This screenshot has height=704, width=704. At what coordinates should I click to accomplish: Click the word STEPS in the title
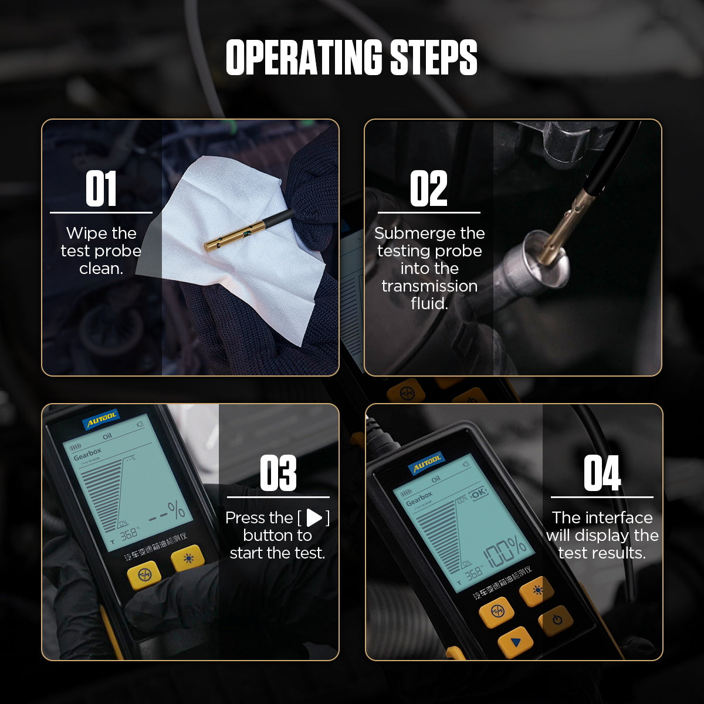434,57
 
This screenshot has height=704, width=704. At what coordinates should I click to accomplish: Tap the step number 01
101,189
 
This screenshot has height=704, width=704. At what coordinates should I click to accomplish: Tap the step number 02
428,189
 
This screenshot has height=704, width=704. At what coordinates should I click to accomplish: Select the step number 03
277,473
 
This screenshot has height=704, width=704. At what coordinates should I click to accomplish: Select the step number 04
601,473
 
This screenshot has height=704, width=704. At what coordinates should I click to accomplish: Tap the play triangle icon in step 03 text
314,517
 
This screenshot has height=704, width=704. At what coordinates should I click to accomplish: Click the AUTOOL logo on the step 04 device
427,463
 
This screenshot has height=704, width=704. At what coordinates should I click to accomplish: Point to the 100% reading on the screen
505,551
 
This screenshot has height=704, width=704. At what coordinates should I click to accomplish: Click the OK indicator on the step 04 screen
478,493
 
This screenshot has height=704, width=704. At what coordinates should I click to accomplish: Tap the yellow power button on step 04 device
556,620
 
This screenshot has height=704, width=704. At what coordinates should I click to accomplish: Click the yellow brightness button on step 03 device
188,559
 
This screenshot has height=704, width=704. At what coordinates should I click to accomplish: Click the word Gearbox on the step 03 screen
87,453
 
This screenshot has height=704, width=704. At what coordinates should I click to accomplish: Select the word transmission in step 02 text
429,286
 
